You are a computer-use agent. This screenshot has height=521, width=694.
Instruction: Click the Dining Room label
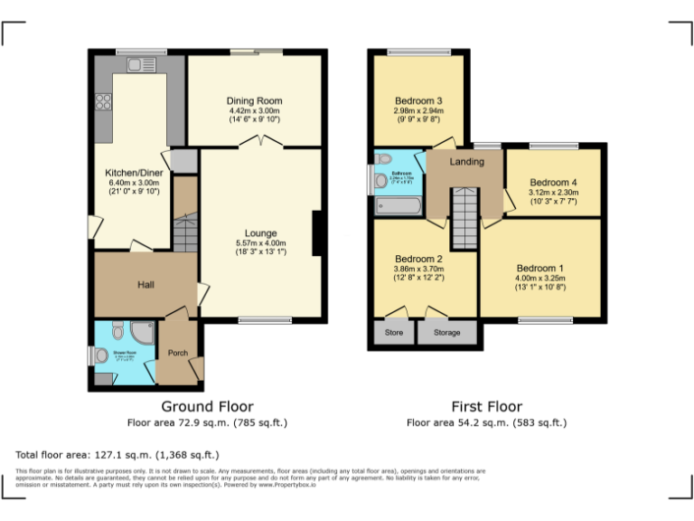pyautogui.click(x=255, y=100)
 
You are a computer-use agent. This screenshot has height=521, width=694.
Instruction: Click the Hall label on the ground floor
pyautogui.click(x=145, y=285)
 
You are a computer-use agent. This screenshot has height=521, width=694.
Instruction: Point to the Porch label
pyautogui.click(x=178, y=353)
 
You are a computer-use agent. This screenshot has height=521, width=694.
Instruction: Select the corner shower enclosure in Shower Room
pyautogui.click(x=143, y=331)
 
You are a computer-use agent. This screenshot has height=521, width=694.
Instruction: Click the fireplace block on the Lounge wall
pyautogui.click(x=317, y=233)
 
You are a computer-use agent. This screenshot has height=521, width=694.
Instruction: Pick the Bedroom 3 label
pyautogui.click(x=418, y=100)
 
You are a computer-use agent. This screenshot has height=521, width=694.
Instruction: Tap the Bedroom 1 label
pyautogui.click(x=539, y=268)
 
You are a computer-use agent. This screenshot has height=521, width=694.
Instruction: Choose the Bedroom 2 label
pyautogui.click(x=418, y=258)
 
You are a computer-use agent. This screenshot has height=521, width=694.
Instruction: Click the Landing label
pyautogui.click(x=467, y=162)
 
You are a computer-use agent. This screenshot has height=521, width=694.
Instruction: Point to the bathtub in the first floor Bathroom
pyautogui.click(x=398, y=206)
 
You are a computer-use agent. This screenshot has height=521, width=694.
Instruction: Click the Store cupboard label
pyautogui.click(x=394, y=333)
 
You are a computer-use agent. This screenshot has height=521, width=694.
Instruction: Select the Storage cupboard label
pyautogui.click(x=446, y=333)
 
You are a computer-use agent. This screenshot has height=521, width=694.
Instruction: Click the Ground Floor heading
pyautogui.click(x=207, y=406)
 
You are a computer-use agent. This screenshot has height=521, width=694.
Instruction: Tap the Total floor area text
pyautogui.click(x=117, y=454)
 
